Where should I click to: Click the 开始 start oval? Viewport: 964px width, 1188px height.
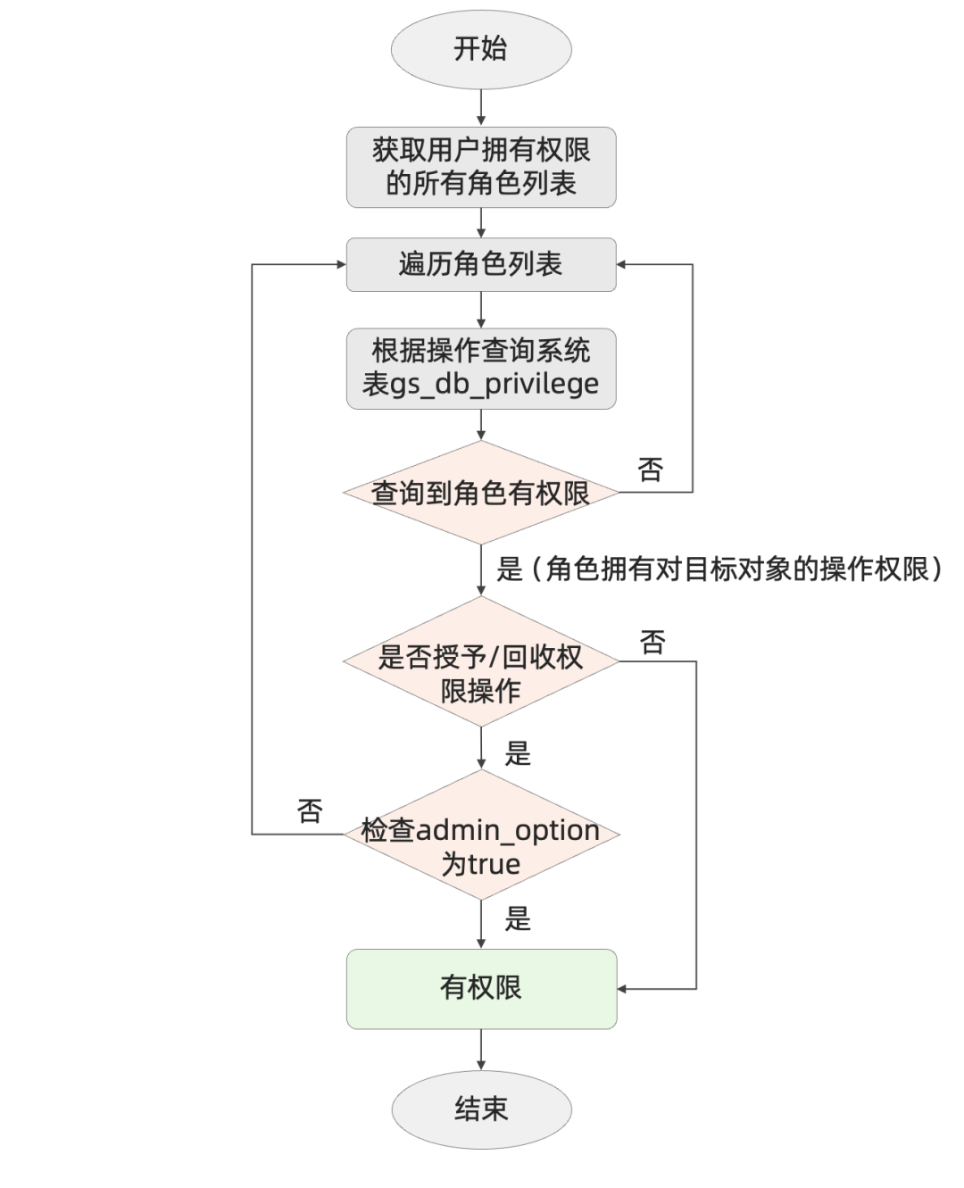[481, 49]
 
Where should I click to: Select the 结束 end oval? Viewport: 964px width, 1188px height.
[481, 1109]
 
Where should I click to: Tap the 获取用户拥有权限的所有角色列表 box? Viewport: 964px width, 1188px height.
[481, 167]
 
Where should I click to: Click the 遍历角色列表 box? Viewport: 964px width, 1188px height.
[481, 264]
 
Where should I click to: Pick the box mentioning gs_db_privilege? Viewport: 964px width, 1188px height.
[481, 368]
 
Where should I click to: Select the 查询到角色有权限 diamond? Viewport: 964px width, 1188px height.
[481, 493]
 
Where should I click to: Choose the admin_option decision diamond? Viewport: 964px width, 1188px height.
[481, 835]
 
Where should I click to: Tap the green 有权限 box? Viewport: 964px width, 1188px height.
[481, 988]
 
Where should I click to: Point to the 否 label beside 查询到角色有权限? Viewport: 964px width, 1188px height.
[651, 469]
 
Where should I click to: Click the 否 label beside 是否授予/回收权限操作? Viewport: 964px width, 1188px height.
[652, 641]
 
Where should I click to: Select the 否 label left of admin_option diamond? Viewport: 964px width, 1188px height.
[309, 810]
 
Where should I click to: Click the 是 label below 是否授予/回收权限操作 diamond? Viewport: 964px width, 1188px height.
[518, 754]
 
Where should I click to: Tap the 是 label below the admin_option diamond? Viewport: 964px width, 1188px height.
[518, 918]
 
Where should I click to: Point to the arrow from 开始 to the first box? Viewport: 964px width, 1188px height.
[481, 108]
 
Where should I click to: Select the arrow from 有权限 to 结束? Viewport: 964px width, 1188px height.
[481, 1049]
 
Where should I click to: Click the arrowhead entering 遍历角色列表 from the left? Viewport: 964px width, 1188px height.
[340, 264]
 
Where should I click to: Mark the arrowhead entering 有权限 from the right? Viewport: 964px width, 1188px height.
[623, 989]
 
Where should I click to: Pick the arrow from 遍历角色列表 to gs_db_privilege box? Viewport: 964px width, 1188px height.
[481, 310]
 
